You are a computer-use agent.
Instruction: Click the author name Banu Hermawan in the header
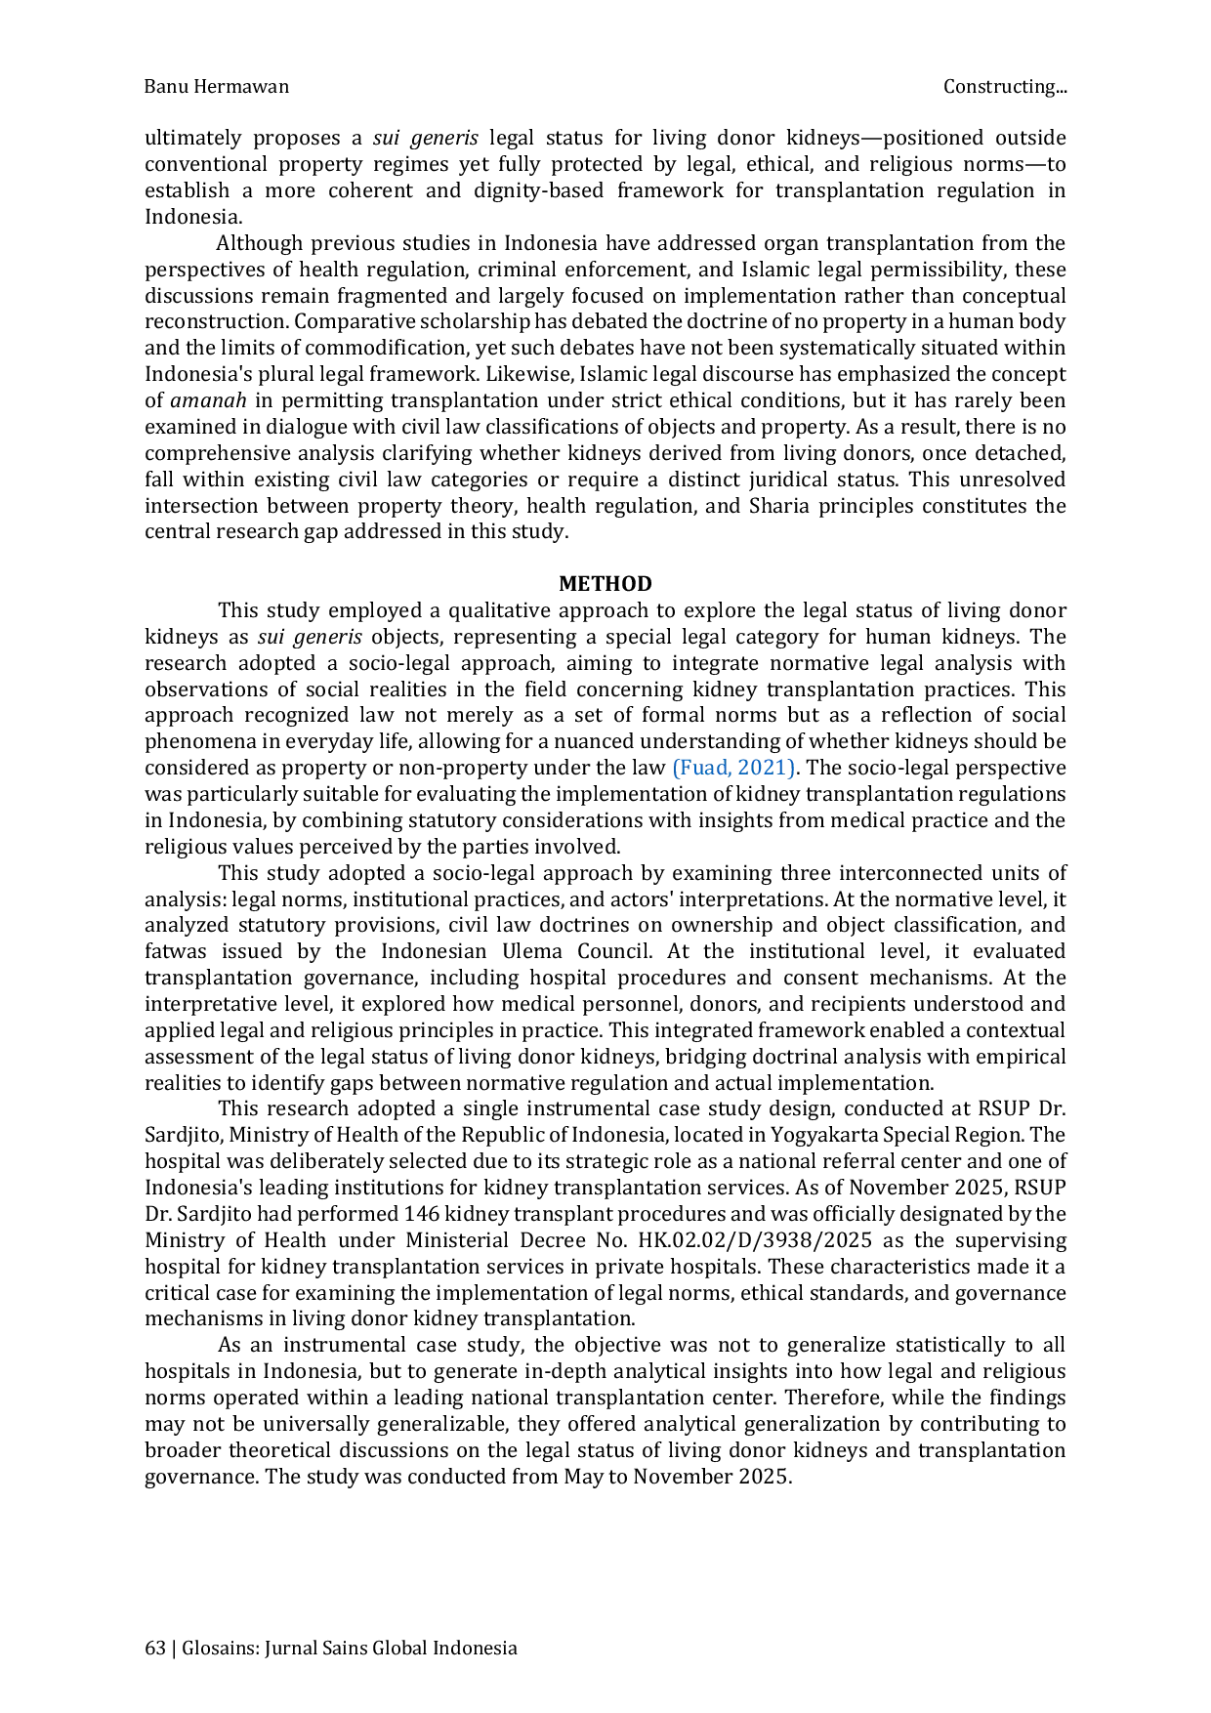[x=217, y=87]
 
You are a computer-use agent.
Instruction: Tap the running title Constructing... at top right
[x=1005, y=87]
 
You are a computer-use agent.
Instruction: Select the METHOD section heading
[x=605, y=584]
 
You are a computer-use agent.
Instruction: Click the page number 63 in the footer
[x=154, y=1649]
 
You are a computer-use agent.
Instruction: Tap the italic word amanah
[x=208, y=400]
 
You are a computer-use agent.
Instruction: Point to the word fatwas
[x=176, y=951]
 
